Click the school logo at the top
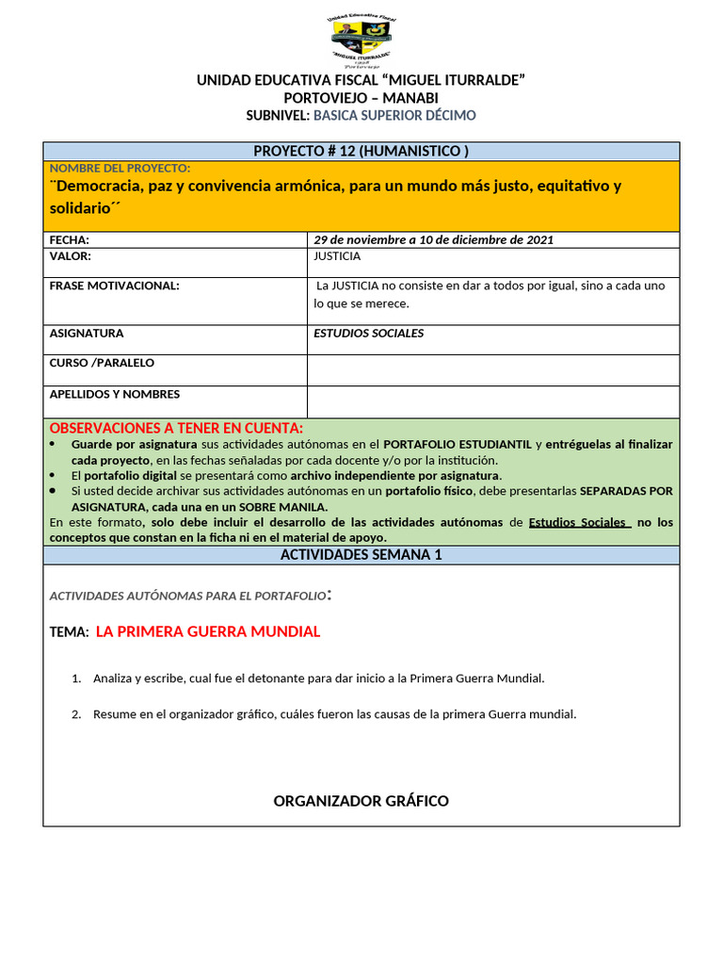pyautogui.click(x=361, y=41)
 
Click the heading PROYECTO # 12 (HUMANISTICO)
pyautogui.click(x=361, y=151)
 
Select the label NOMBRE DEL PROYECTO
pyautogui.click(x=120, y=168)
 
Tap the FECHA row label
pyautogui.click(x=70, y=239)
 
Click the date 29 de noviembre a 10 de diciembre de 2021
pyautogui.click(x=433, y=239)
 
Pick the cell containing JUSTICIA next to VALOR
pyautogui.click(x=492, y=262)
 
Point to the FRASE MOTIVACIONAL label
pyautogui.click(x=114, y=286)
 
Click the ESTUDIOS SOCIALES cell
pyautogui.click(x=368, y=333)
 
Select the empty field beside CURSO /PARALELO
pyautogui.click(x=492, y=369)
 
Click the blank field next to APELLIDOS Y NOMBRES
pyautogui.click(x=492, y=401)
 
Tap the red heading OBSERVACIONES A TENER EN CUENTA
pyautogui.click(x=176, y=428)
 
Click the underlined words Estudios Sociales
pyautogui.click(x=578, y=522)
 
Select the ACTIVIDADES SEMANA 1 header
pyautogui.click(x=361, y=555)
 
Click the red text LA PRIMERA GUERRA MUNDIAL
pyautogui.click(x=208, y=631)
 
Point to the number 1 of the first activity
pyautogui.click(x=76, y=679)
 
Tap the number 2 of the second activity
pyautogui.click(x=76, y=714)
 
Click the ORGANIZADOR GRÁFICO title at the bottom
pyautogui.click(x=361, y=801)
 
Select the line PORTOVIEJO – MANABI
pyautogui.click(x=361, y=98)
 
